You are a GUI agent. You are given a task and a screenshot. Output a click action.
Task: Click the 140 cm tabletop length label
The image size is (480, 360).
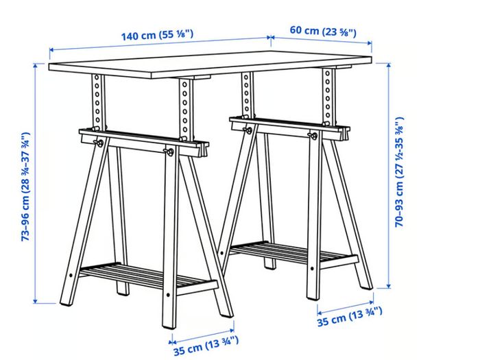[x=157, y=34]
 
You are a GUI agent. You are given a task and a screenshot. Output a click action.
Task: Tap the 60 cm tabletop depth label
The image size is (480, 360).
[x=323, y=32]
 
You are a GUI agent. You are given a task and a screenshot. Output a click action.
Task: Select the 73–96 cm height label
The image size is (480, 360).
[x=26, y=187]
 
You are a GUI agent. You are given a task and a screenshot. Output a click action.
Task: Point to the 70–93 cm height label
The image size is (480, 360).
[x=399, y=171]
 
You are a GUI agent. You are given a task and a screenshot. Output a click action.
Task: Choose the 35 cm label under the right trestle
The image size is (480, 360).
[x=349, y=317]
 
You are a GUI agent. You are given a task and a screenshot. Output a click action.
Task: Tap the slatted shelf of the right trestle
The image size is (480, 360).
[x=294, y=253]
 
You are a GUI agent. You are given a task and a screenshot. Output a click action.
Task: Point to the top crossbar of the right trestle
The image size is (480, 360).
[x=289, y=128]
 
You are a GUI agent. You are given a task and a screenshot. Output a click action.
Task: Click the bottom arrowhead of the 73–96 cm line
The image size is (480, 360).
[x=35, y=300]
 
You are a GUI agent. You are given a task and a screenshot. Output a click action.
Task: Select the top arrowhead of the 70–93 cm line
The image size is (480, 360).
[x=389, y=66]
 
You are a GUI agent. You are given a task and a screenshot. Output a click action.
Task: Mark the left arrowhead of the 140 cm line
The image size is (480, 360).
[x=52, y=49]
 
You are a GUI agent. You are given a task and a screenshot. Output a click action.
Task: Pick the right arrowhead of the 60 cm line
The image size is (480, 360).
[x=369, y=43]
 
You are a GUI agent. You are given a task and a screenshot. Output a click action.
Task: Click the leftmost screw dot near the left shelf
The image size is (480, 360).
[x=71, y=275]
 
